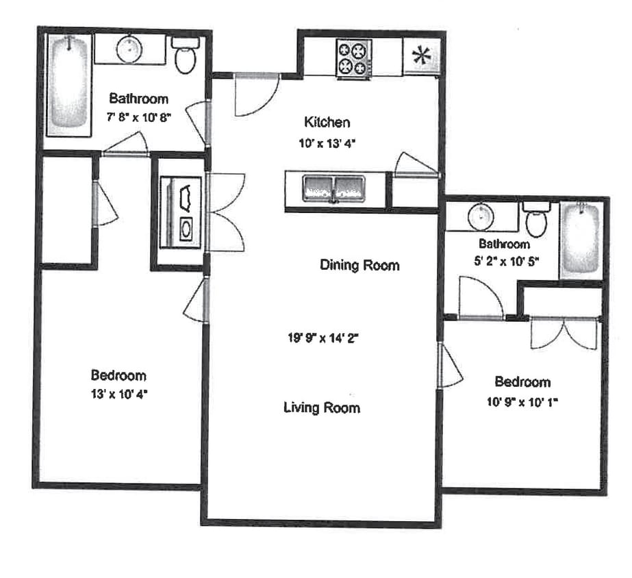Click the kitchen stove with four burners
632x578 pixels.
[x=353, y=57]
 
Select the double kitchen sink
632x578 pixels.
[x=333, y=188]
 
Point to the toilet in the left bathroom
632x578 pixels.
[x=185, y=55]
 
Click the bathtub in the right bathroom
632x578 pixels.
[x=581, y=240]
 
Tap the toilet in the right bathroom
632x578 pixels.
[x=535, y=218]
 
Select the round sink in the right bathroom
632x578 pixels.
[x=483, y=217]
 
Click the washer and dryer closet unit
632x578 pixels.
[x=181, y=212]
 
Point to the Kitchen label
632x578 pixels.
[x=327, y=123]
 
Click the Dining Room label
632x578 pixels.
[x=359, y=265]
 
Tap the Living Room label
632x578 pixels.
[x=322, y=408]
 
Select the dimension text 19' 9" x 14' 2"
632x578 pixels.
[x=323, y=337]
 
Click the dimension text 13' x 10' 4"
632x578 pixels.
[x=118, y=394]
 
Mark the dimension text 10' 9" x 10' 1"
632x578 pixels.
[x=522, y=402]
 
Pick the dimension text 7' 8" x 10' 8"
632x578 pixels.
[x=139, y=116]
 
